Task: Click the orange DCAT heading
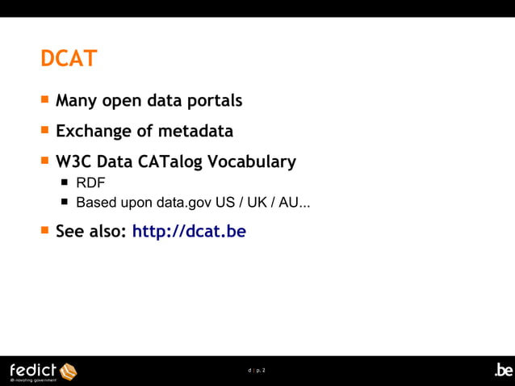(x=69, y=59)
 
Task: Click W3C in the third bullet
(x=73, y=162)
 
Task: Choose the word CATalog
(x=170, y=162)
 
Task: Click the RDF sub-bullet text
(x=90, y=183)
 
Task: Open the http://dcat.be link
(x=189, y=232)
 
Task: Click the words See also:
(x=90, y=232)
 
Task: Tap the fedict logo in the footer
(x=43, y=371)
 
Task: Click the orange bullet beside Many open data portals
(x=45, y=100)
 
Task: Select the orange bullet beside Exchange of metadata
(x=45, y=129)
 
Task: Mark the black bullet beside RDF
(x=65, y=183)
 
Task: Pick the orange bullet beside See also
(x=45, y=230)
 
